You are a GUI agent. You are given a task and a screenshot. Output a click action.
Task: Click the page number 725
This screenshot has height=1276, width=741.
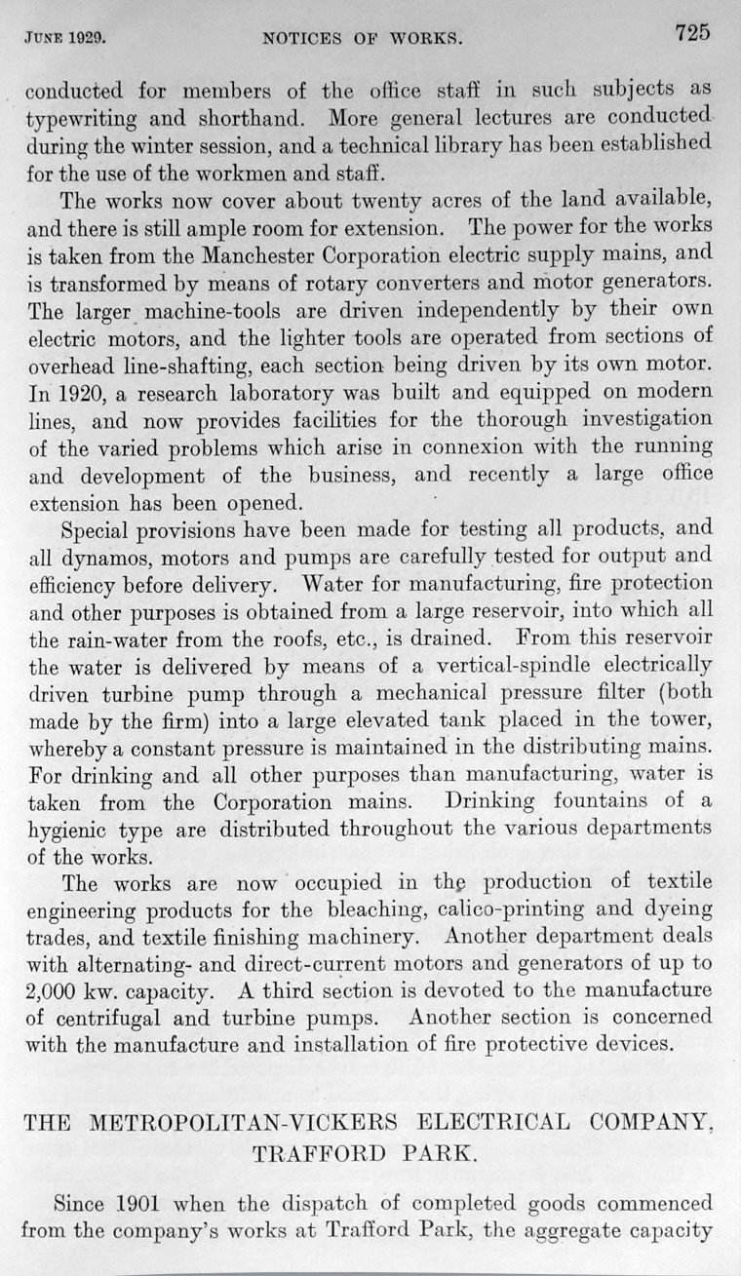(x=691, y=32)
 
